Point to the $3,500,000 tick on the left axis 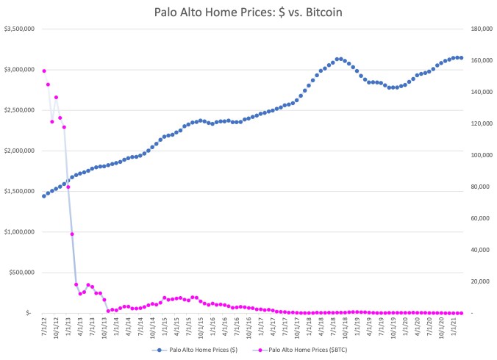(x=21, y=29)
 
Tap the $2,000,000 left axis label (x=21, y=151)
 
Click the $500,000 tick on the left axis (x=23, y=273)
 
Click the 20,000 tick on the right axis (x=479, y=281)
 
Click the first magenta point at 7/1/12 (x=44, y=71)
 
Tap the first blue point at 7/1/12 (x=44, y=196)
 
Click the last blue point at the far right (x=461, y=57)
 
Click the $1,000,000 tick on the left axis (x=21, y=232)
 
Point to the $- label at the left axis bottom (x=29, y=313)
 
